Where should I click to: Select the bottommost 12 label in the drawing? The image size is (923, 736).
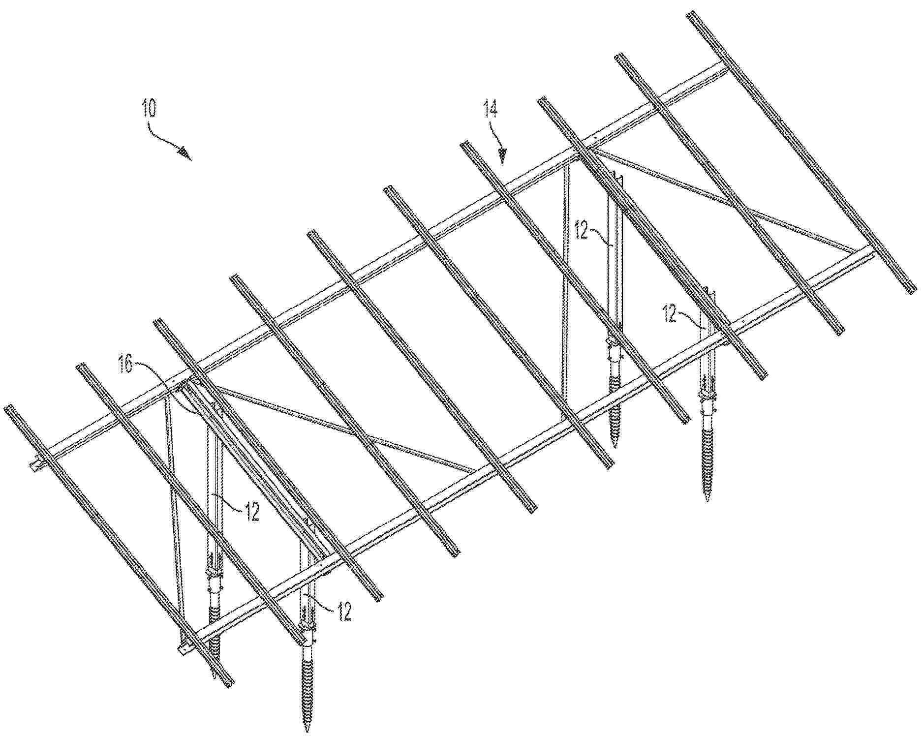point(343,612)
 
